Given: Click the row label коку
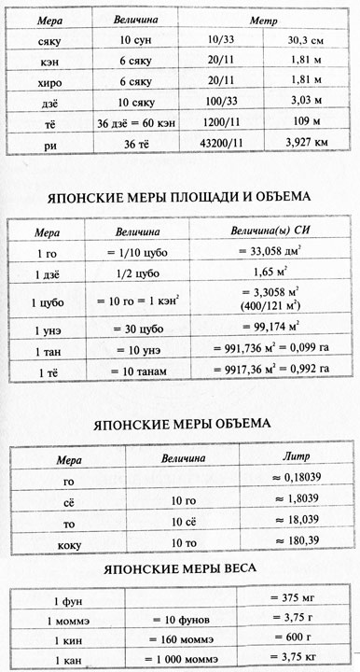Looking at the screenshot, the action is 67,544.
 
